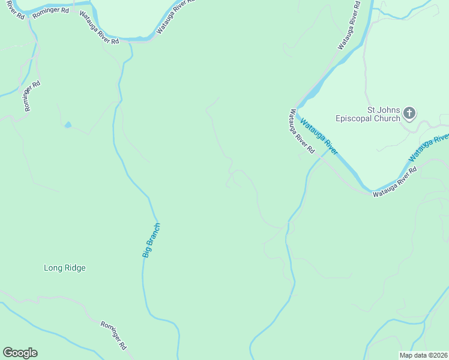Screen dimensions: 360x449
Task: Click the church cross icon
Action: (x=410, y=113)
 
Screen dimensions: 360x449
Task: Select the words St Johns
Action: (x=382, y=110)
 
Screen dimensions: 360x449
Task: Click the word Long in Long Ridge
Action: (x=53, y=268)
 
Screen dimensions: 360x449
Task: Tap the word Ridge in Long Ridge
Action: (x=74, y=268)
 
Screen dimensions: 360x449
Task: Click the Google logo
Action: (x=20, y=353)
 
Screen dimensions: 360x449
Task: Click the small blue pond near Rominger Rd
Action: (x=67, y=125)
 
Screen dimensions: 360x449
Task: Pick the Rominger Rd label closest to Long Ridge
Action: (x=113, y=335)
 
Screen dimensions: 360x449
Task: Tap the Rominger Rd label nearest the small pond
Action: (x=32, y=96)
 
